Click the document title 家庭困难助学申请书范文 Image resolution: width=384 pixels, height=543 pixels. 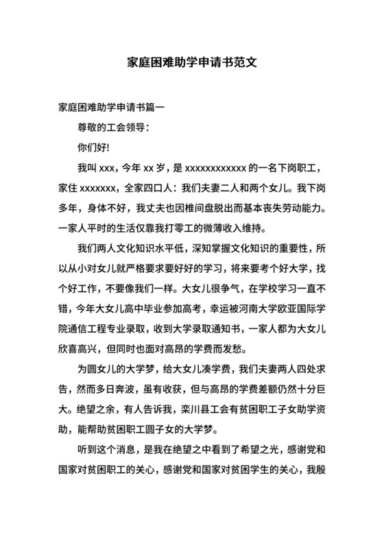(192, 61)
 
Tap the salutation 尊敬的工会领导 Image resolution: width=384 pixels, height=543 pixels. (114, 128)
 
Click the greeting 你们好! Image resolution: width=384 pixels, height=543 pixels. (95, 147)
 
